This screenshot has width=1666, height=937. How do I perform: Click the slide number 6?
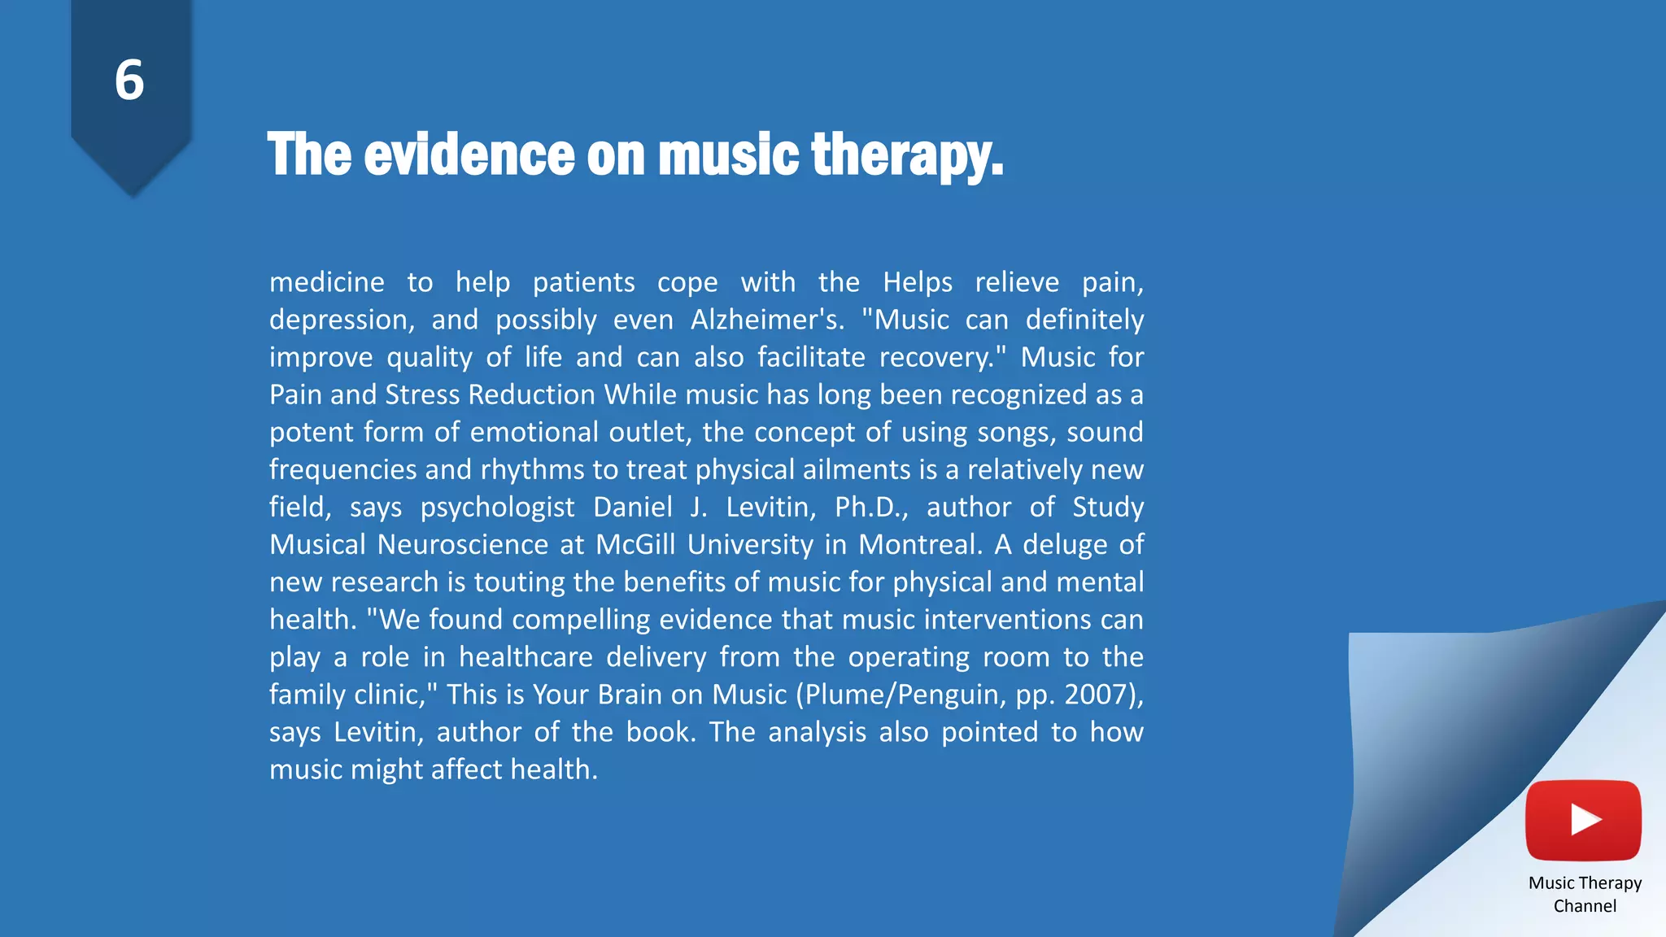tap(129, 81)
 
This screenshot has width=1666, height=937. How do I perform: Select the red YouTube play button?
tap(1583, 820)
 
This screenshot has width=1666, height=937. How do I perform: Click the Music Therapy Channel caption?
tap(1585, 894)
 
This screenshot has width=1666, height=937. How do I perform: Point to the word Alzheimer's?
tap(766, 320)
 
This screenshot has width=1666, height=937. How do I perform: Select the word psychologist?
tap(497, 508)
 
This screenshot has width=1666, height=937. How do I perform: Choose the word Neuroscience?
tap(462, 544)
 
